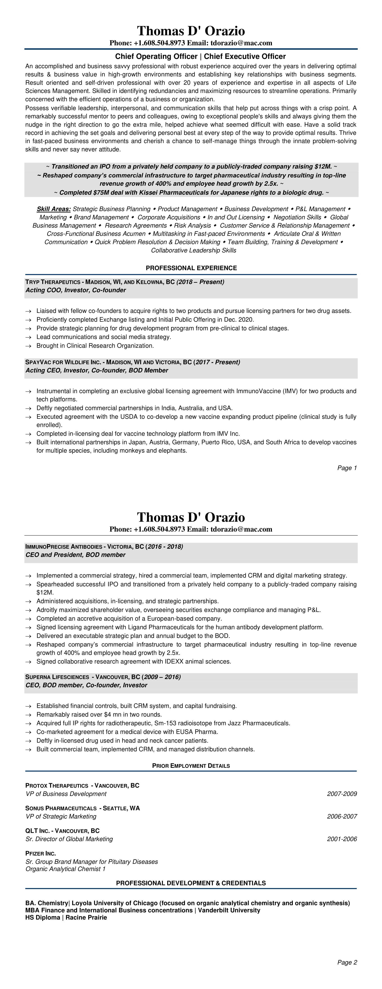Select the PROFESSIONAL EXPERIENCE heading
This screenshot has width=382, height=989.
point(191,268)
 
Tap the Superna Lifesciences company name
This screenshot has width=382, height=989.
point(56,677)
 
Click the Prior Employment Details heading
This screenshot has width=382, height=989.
point(191,766)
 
